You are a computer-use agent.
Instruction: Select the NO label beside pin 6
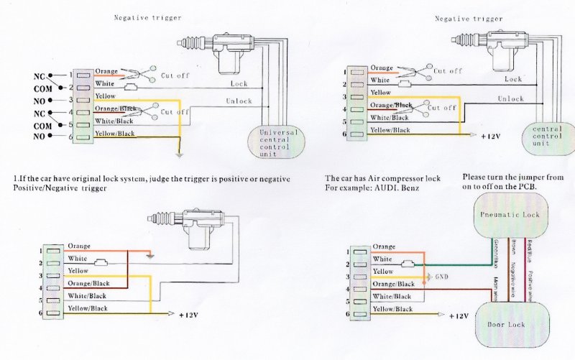[39, 137]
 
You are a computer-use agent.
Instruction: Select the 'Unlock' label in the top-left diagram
[239, 101]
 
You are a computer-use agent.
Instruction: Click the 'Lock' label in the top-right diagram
[512, 79]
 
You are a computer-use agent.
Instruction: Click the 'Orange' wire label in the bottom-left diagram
[79, 246]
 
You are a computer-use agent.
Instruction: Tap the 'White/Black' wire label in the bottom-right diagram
[392, 296]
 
